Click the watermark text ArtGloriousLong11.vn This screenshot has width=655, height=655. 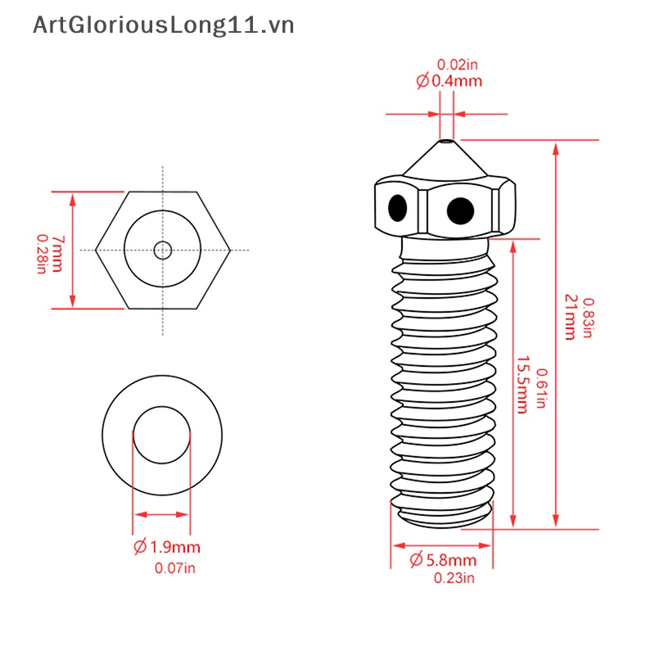pos(163,26)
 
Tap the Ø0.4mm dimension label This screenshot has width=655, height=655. pos(449,81)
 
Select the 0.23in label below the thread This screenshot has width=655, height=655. pos(454,579)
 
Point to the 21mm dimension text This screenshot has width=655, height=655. pos(571,317)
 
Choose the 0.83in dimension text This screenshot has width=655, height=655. pos(588,318)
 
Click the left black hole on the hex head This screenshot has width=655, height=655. pos(398,208)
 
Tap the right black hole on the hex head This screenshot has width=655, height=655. pos(460,210)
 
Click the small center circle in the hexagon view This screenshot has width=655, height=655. pos(163,250)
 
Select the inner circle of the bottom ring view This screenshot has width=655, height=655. pos(161,433)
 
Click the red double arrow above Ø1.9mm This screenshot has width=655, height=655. pos(161,515)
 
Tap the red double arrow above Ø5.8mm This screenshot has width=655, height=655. pos(442,544)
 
